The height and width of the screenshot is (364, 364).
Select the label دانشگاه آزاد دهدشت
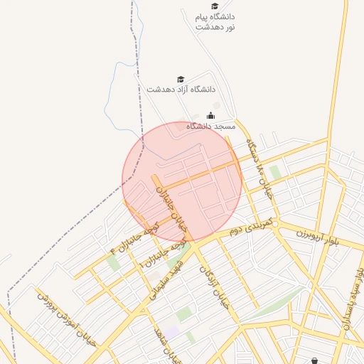181,90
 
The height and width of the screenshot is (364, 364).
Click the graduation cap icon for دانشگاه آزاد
180,79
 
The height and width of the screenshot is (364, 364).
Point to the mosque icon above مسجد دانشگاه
210,115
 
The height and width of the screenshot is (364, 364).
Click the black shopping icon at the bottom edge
315,360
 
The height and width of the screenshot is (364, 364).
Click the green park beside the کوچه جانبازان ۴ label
112,262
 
